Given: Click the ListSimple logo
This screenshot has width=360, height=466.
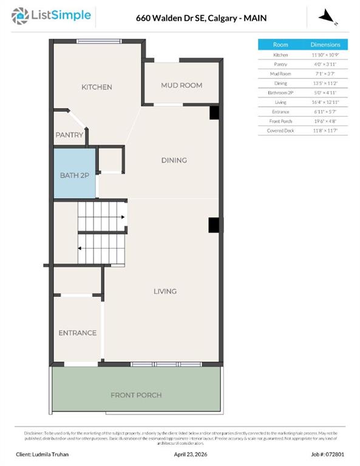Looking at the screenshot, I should pyautogui.click(x=52, y=15).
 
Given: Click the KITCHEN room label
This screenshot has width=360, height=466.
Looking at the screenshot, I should pyautogui.click(x=97, y=87).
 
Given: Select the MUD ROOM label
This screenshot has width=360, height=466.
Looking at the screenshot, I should pyautogui.click(x=181, y=86).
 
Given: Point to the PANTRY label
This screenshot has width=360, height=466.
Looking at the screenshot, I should pyautogui.click(x=69, y=135).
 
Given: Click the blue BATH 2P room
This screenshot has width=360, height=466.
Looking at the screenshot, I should pyautogui.click(x=75, y=175).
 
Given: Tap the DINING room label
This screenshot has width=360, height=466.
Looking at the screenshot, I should pyautogui.click(x=174, y=160).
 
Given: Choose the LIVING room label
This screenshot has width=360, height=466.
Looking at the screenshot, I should pyautogui.click(x=165, y=291).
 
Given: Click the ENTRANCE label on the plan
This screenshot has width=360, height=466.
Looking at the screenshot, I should pyautogui.click(x=77, y=333).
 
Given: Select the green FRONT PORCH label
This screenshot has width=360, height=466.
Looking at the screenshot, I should pyautogui.click(x=136, y=395).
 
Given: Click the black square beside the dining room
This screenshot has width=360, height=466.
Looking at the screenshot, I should pyautogui.click(x=214, y=113).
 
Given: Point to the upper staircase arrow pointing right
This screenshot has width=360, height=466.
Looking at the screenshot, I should pyautogui.click(x=123, y=217).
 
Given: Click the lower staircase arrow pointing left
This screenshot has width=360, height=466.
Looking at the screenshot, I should pyautogui.click(x=80, y=248).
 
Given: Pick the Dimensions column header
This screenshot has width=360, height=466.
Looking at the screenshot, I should pyautogui.click(x=325, y=45).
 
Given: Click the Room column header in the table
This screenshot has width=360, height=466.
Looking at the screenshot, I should pyautogui.click(x=280, y=45).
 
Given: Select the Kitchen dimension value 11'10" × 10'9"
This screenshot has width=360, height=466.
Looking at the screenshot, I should pyautogui.click(x=325, y=55).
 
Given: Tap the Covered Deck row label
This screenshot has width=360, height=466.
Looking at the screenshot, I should pyautogui.click(x=280, y=130).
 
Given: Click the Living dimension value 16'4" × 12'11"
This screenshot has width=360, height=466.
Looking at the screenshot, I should pyautogui.click(x=325, y=102).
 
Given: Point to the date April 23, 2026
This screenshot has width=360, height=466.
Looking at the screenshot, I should pyautogui.click(x=191, y=454).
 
